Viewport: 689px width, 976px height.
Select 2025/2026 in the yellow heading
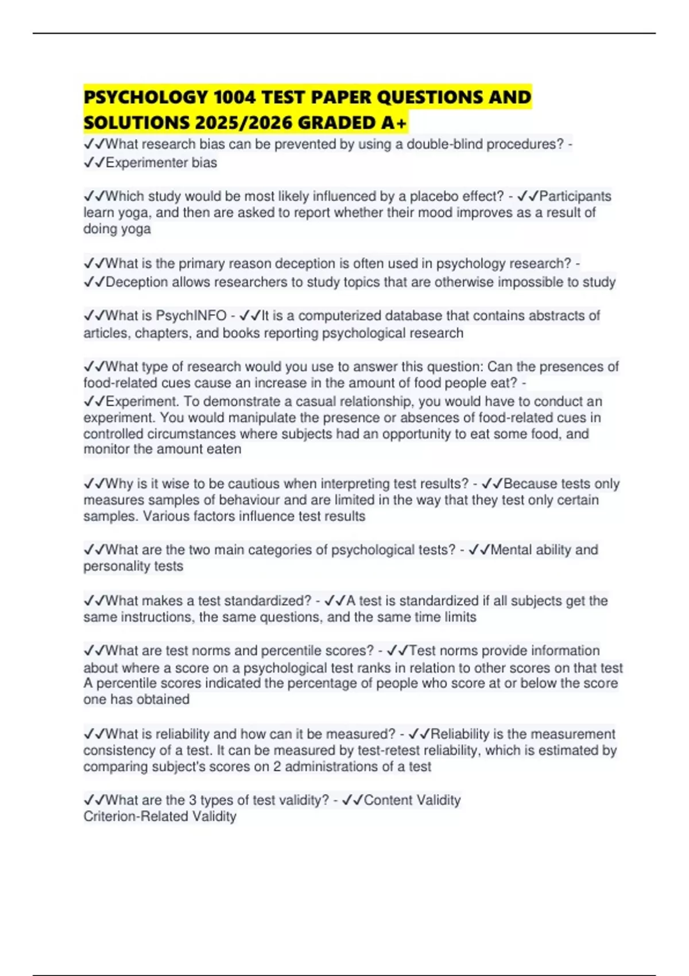[243, 123]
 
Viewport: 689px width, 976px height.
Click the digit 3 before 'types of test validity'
[193, 800]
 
